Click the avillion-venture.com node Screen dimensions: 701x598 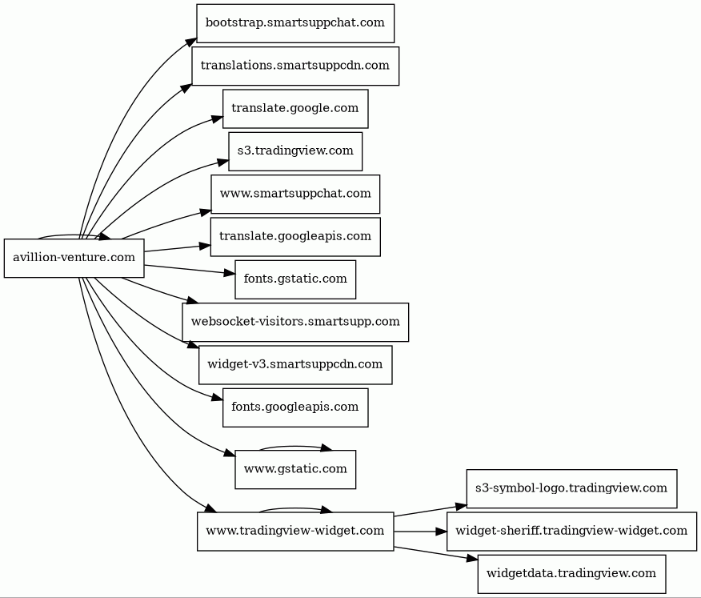tap(74, 258)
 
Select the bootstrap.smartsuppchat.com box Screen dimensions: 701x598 tap(295, 23)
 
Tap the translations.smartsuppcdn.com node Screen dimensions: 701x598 tap(295, 66)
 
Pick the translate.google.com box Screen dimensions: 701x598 tap(295, 109)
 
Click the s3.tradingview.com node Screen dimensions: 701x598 tap(295, 151)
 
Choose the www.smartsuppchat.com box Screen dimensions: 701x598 tap(295, 194)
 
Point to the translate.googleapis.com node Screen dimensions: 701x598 tap(295, 237)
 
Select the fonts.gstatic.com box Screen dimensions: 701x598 tap(295, 279)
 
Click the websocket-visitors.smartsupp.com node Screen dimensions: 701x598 tap(295, 322)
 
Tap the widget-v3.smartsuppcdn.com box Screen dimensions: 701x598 tap(295, 365)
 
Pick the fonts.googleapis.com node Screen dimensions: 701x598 tap(295, 407)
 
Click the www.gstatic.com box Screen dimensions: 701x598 tap(295, 469)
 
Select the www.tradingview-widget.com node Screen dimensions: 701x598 tap(295, 532)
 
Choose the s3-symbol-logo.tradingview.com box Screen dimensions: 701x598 tap(571, 488)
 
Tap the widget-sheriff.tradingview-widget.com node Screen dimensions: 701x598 tap(571, 532)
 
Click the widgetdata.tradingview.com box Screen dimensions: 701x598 tap(571, 574)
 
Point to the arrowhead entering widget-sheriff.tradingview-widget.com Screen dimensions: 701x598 tap(441, 532)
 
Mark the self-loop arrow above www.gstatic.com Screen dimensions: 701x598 tap(295, 447)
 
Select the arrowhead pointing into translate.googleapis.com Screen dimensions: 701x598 tap(205, 246)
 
